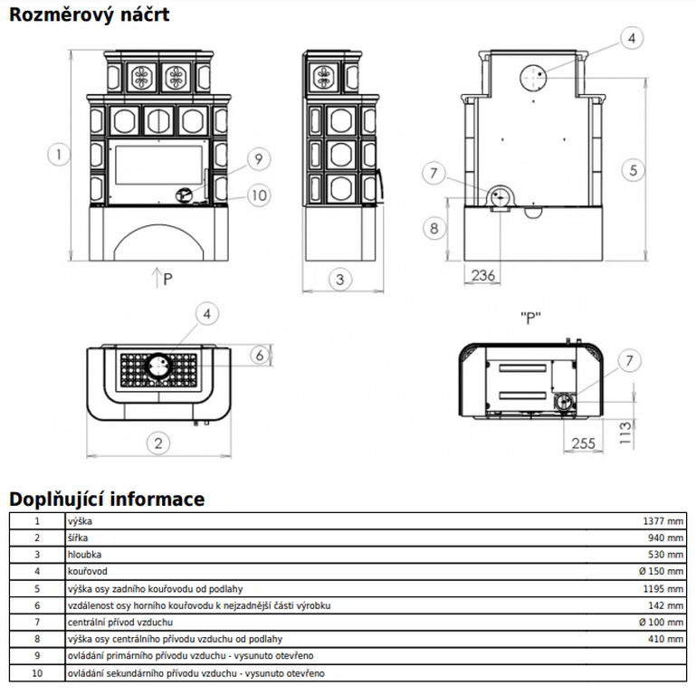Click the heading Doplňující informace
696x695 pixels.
pos(107,499)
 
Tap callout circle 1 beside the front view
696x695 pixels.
pos(58,155)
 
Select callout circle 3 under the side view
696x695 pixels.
pos(339,280)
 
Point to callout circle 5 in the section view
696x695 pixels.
pos(634,168)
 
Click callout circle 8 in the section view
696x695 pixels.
pos(434,228)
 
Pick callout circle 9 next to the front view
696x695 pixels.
pos(258,159)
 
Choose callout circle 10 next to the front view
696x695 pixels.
pos(258,194)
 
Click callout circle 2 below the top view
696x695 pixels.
pos(158,443)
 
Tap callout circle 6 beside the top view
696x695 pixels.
pos(260,356)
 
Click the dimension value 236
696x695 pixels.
pos(483,275)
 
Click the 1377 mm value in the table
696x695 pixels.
pos(663,521)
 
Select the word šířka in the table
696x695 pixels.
pos(79,538)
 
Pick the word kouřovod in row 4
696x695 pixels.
pos(87,571)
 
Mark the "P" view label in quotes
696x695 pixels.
pos(530,318)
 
